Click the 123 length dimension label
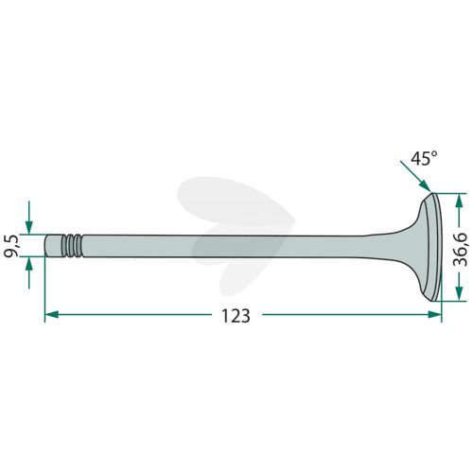[236, 316]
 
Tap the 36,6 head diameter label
[460, 250]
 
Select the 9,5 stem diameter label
[12, 246]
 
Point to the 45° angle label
[424, 158]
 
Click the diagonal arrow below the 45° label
[415, 176]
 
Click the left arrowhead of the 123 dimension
[52, 314]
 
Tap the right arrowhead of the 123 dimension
[434, 314]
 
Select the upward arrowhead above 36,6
[460, 201]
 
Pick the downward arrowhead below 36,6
[460, 293]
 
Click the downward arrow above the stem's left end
[29, 218]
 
